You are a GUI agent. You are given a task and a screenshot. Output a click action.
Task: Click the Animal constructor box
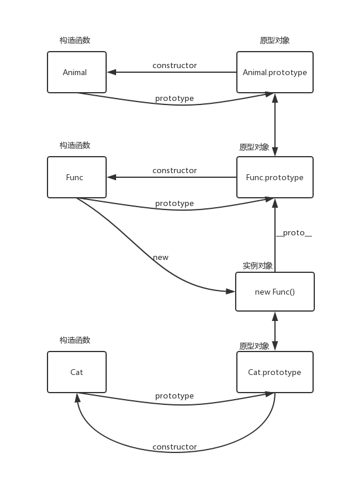point(77,72)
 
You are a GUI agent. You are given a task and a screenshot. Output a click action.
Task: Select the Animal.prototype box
point(275,72)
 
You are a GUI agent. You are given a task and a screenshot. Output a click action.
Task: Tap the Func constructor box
point(77,177)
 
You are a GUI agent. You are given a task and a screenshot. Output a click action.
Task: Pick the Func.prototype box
point(275,177)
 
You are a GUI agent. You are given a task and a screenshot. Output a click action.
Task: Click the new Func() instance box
point(275,292)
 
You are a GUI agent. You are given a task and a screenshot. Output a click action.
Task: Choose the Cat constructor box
point(77,372)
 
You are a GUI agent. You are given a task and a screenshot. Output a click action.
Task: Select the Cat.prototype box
point(275,372)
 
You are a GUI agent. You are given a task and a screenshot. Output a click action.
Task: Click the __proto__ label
point(294,233)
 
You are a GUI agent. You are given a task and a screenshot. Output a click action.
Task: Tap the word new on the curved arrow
point(161,258)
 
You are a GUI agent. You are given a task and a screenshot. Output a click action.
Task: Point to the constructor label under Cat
point(175,447)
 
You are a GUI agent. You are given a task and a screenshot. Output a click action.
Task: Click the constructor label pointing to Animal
point(175,65)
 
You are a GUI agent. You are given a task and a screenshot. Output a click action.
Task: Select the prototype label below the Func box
point(175,204)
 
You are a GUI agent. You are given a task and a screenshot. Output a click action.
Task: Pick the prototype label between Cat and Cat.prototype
point(175,396)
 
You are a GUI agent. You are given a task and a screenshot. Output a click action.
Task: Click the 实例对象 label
point(257,266)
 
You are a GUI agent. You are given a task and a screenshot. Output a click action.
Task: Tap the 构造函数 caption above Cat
point(75,340)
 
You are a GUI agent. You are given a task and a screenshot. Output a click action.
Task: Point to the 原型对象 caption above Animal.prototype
point(275,40)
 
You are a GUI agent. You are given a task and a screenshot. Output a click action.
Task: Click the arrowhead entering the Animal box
point(111,72)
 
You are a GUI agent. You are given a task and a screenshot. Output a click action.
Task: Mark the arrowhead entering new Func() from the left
point(230,292)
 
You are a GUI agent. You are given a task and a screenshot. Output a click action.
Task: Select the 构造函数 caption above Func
point(75,145)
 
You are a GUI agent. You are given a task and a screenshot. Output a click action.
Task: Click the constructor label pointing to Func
point(175,170)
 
